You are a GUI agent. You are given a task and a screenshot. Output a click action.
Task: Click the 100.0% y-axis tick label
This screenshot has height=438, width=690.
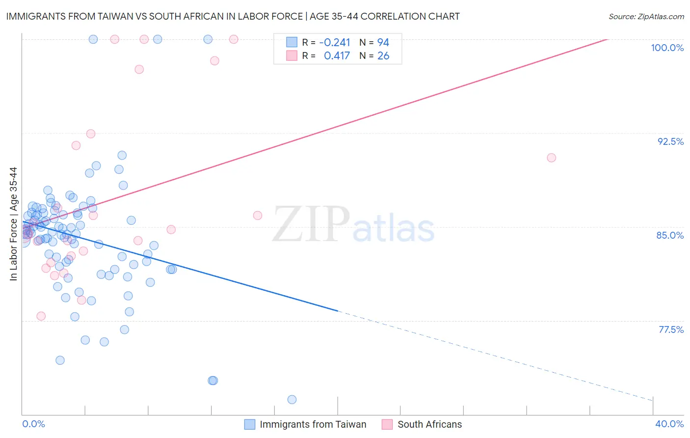667,48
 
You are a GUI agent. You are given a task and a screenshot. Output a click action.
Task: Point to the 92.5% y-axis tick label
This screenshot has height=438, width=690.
670,141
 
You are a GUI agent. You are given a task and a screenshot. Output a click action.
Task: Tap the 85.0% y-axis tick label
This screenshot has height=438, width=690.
670,235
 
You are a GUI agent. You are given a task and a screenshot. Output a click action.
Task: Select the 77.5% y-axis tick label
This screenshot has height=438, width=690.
671,329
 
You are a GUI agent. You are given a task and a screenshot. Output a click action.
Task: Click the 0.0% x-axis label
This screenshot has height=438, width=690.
33,424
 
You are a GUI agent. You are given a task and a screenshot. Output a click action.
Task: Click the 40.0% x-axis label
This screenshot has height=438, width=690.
669,424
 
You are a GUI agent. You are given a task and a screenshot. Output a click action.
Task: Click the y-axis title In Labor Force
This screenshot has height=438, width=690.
13,224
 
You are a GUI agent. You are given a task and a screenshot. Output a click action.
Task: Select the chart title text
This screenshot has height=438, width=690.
233,16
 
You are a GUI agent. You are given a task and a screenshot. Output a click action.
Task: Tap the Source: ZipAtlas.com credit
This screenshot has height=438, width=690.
646,16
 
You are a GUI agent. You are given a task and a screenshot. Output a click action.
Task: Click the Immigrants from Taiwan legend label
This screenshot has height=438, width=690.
313,424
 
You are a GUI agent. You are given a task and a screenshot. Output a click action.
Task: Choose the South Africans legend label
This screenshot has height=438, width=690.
429,424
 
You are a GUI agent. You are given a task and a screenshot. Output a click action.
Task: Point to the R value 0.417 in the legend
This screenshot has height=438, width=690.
337,56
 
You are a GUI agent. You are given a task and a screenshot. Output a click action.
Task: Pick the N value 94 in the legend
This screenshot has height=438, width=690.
383,42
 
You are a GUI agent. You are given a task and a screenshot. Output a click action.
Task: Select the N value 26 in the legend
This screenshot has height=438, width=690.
383,56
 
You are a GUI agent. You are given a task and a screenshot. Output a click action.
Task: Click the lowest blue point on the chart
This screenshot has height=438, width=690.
292,400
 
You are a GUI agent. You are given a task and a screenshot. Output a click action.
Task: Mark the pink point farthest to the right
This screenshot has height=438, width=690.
551,158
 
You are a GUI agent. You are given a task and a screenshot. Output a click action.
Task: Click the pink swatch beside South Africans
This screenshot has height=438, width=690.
387,424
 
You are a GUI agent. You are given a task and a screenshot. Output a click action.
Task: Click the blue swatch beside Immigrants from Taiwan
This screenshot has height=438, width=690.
249,424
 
